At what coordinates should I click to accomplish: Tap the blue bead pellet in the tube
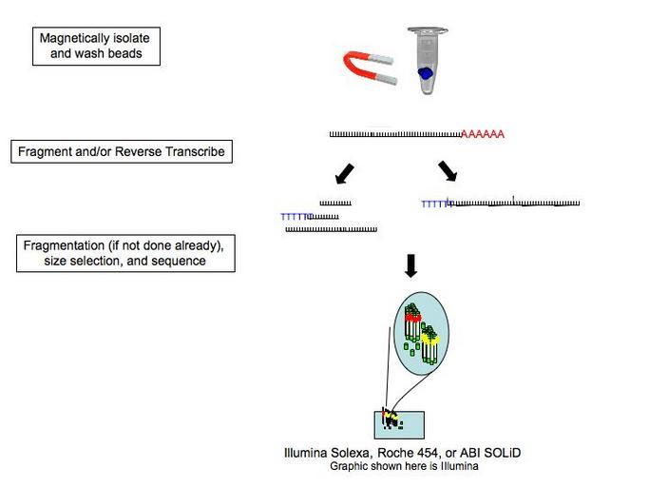(x=427, y=72)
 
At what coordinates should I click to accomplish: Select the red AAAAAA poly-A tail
(x=482, y=135)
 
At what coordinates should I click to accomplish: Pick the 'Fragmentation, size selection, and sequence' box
(x=125, y=254)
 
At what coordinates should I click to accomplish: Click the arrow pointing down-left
(x=344, y=174)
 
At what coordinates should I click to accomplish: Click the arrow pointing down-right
(x=447, y=171)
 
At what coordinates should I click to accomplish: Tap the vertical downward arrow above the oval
(x=410, y=265)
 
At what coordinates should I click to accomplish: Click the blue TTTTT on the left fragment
(x=296, y=217)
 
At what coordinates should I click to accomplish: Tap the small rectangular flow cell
(x=399, y=423)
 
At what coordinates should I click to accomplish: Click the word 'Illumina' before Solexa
(x=306, y=453)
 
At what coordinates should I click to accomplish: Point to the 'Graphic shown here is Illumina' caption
(x=404, y=466)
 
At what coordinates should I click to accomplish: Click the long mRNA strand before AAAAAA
(x=394, y=135)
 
